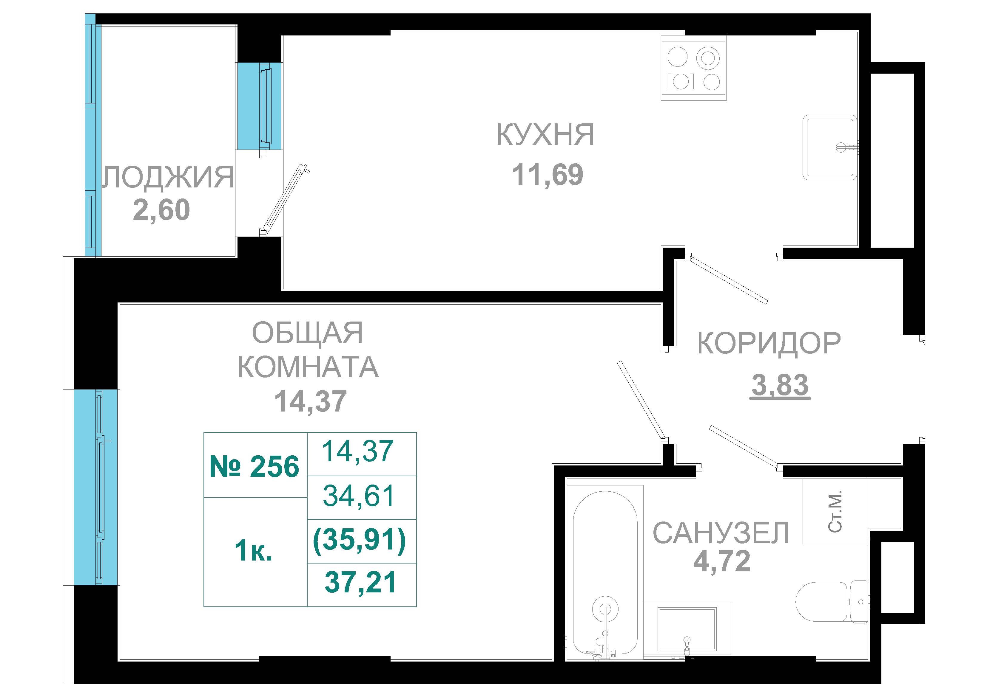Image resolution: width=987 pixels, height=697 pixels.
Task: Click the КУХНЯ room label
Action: click(x=545, y=134)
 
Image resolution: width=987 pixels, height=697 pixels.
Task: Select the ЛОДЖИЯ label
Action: click(x=168, y=177)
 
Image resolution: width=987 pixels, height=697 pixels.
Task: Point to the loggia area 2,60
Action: click(x=161, y=210)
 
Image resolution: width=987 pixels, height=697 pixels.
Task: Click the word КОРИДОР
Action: click(x=769, y=343)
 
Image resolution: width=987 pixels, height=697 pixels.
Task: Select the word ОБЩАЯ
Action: click(x=307, y=333)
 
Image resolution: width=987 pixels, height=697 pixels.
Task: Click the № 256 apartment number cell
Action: click(x=255, y=467)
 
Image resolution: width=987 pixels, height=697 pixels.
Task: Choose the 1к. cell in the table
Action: click(x=254, y=552)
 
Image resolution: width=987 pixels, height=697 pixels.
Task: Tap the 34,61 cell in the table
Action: click(x=359, y=496)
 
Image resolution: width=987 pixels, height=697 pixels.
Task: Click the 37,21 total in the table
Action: click(x=360, y=583)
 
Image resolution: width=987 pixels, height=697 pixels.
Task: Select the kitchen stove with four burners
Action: click(x=693, y=68)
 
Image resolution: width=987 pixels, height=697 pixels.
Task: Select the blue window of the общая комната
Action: click(x=96, y=488)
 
